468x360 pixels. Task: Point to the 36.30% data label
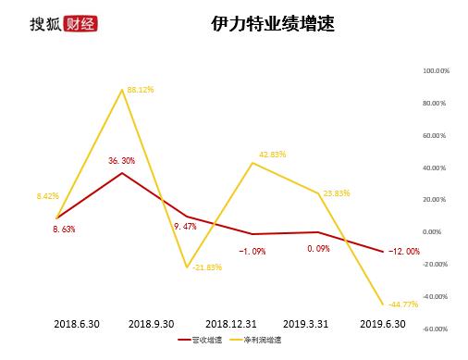[x=121, y=161]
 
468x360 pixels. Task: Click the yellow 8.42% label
[x=48, y=196]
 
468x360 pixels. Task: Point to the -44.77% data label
[x=403, y=304]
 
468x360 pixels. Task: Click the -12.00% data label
[x=403, y=251]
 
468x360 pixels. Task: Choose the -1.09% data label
[x=252, y=250]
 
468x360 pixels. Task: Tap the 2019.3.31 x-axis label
[x=305, y=325]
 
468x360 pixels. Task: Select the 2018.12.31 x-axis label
[x=228, y=325]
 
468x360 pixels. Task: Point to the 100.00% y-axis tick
[x=436, y=70]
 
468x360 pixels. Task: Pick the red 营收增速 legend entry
[x=207, y=341]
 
